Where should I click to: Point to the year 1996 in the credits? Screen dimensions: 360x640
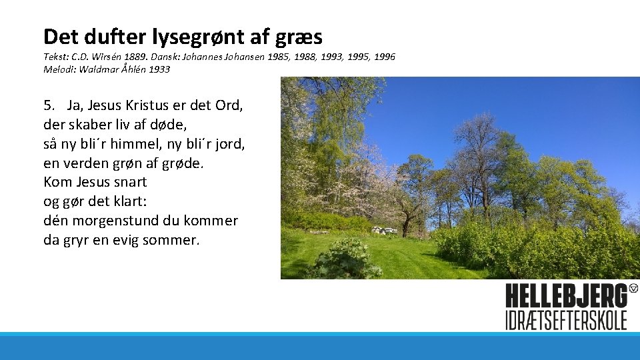click(383, 57)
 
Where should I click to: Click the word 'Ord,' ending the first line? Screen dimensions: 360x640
click(229, 105)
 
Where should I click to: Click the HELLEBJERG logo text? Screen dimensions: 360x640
click(565, 296)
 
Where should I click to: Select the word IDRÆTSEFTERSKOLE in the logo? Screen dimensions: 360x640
click(566, 319)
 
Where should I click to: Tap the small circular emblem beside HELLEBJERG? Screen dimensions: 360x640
click(633, 288)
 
